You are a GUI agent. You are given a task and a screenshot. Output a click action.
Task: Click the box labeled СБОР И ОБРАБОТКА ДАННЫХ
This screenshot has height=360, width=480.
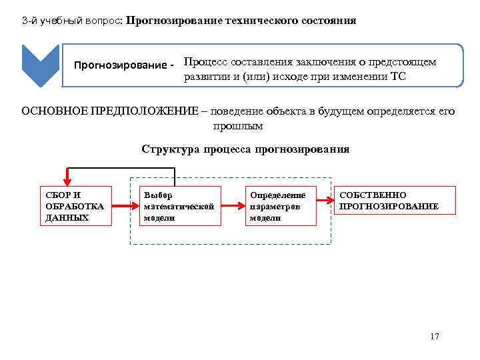(76, 206)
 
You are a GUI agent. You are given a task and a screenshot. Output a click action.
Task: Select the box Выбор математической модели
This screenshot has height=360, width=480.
(178, 206)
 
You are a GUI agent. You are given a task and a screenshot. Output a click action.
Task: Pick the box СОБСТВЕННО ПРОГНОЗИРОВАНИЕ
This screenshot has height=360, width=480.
(395, 200)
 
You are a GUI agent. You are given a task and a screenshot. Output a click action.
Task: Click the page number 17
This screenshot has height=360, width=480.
(435, 336)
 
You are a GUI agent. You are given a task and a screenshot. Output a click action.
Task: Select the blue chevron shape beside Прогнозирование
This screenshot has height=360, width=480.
(41, 65)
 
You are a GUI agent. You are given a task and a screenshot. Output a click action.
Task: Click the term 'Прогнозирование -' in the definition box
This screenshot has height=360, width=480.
(123, 65)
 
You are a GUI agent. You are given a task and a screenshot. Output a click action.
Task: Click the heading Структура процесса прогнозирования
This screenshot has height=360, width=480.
(245, 149)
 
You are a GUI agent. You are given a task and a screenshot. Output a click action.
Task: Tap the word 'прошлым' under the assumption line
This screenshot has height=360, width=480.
(238, 125)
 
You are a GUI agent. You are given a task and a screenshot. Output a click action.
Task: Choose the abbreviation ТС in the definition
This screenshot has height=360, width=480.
(398, 76)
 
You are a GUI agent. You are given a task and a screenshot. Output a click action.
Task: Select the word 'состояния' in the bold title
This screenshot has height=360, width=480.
(328, 21)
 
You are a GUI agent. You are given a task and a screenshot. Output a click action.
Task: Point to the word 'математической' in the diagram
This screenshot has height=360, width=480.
(179, 207)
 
